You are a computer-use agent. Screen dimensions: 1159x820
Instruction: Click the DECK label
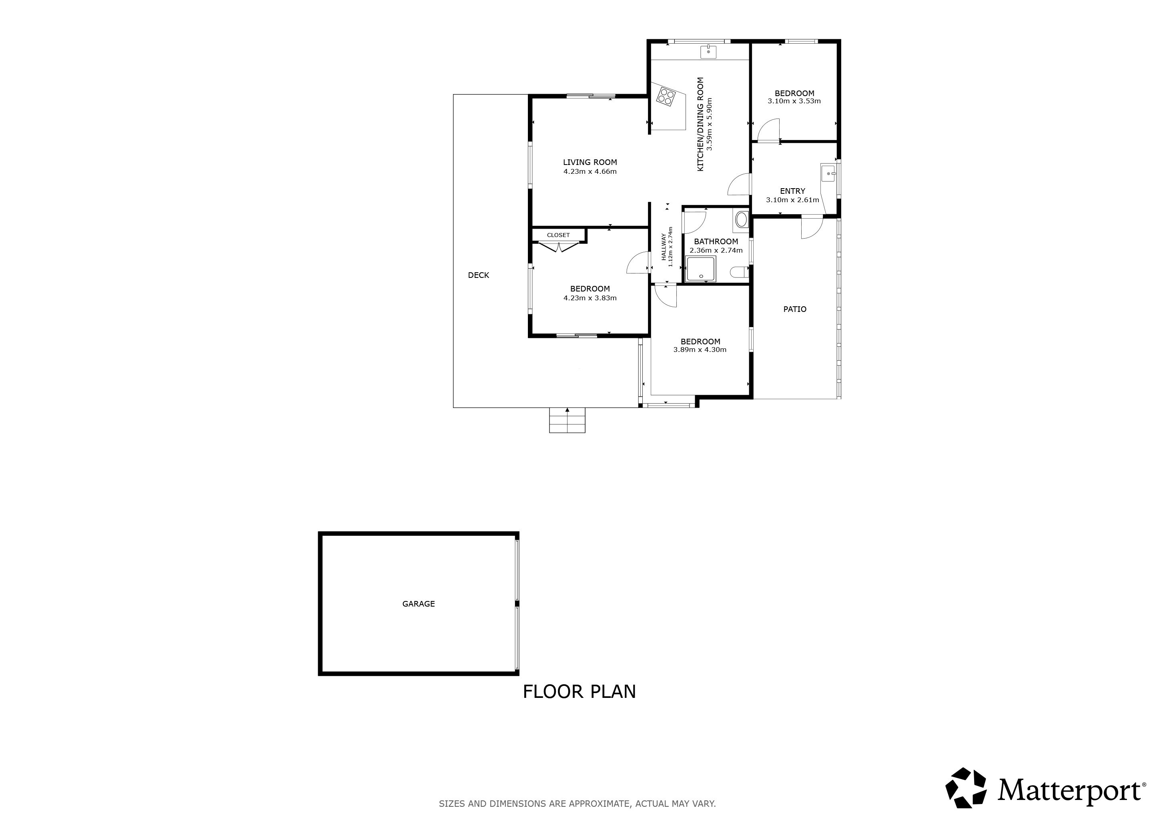pyautogui.click(x=479, y=275)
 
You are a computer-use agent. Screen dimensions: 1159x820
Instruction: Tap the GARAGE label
pyautogui.click(x=419, y=603)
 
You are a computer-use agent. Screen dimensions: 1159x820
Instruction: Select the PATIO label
pyautogui.click(x=795, y=309)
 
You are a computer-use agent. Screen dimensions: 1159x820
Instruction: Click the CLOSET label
pyautogui.click(x=558, y=235)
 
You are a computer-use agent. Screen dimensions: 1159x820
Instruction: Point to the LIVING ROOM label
pyautogui.click(x=590, y=162)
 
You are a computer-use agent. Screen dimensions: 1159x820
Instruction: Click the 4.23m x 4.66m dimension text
pyautogui.click(x=590, y=171)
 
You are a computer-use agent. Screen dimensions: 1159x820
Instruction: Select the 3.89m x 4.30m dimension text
pyautogui.click(x=700, y=350)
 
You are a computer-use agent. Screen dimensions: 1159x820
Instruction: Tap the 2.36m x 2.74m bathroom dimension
pyautogui.click(x=716, y=250)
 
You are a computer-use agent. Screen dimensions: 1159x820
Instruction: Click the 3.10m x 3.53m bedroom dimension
pyautogui.click(x=794, y=101)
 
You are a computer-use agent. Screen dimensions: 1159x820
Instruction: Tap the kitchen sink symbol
pyautogui.click(x=708, y=52)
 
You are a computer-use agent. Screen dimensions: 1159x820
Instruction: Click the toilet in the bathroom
pyautogui.click(x=740, y=272)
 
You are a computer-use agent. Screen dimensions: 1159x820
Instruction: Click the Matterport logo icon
pyautogui.click(x=966, y=788)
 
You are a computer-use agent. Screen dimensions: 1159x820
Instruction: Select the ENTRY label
pyautogui.click(x=792, y=191)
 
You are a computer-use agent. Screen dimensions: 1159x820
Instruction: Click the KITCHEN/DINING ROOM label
pyautogui.click(x=701, y=124)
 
